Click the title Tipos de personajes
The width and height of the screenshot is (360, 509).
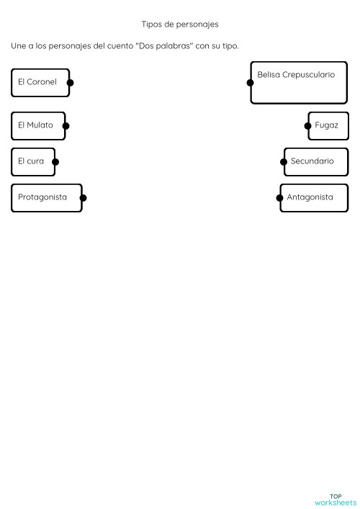pyautogui.click(x=180, y=24)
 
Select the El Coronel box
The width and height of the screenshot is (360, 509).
pyautogui.click(x=40, y=82)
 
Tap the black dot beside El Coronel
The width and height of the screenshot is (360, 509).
pyautogui.click(x=70, y=83)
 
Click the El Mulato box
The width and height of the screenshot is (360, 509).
pyautogui.click(x=37, y=125)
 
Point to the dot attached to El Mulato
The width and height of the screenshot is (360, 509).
pyautogui.click(x=66, y=126)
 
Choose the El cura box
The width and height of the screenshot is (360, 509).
pyautogui.click(x=32, y=161)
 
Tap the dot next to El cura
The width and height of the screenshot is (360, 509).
pyautogui.click(x=55, y=162)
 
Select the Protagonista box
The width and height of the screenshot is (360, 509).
pyautogui.click(x=45, y=197)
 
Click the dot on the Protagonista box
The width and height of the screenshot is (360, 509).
pyautogui.click(x=83, y=198)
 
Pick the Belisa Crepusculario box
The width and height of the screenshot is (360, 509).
pyautogui.click(x=299, y=82)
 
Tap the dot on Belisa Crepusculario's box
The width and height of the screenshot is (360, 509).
pyautogui.click(x=250, y=83)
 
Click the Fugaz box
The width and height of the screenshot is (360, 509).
pyautogui.click(x=328, y=125)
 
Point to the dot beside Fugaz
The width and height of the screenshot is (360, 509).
pyautogui.click(x=308, y=126)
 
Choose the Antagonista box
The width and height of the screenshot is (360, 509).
pyautogui.click(x=314, y=197)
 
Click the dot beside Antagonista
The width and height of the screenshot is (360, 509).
pyautogui.click(x=279, y=198)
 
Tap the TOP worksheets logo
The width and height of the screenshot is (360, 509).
pyautogui.click(x=335, y=499)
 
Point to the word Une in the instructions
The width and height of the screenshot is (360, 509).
pyautogui.click(x=18, y=46)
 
